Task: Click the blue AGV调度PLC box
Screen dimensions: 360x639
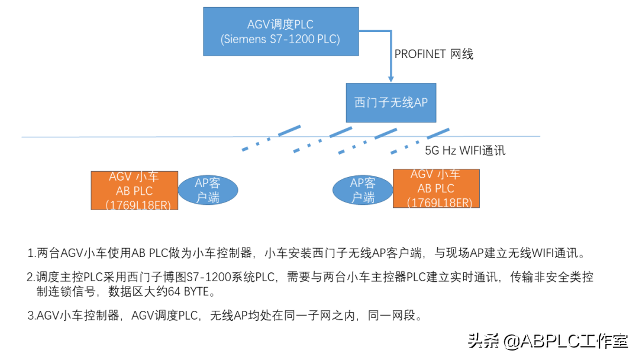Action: tap(280, 31)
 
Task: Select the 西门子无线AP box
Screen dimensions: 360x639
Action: tap(390, 102)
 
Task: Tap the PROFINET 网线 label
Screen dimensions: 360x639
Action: tap(434, 54)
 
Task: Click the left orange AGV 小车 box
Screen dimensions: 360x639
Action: tap(134, 190)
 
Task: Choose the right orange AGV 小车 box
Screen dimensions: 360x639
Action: tap(436, 188)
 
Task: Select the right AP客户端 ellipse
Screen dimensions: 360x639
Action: tap(362, 190)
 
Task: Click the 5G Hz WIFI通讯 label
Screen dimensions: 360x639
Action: tap(465, 150)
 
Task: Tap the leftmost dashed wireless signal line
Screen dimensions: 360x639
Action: tap(272, 138)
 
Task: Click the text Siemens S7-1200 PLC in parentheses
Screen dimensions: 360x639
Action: tap(280, 40)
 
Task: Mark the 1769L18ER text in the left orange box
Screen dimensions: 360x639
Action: tap(138, 205)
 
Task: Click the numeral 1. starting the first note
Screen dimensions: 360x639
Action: tap(31, 253)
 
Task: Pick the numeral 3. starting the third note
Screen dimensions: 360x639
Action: tap(31, 316)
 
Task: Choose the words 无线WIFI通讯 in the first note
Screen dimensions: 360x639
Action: tap(544, 253)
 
